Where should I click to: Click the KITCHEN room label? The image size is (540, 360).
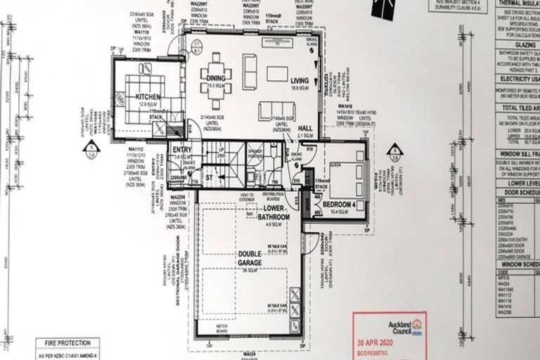point(149,96)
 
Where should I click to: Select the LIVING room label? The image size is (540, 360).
point(300,81)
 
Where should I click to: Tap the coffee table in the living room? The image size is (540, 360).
point(276,72)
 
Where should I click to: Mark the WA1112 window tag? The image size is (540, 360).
point(136,149)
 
